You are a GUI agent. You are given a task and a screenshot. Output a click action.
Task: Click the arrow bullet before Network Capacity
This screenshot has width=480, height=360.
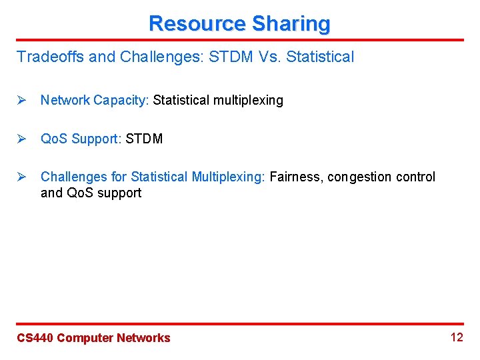point(21,100)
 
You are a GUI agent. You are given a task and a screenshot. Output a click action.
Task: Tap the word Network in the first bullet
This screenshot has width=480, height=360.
point(65,100)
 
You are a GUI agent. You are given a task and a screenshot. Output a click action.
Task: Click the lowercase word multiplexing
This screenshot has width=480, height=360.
point(249,100)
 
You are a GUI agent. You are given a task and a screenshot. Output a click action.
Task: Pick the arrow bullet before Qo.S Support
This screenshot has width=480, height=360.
point(21,139)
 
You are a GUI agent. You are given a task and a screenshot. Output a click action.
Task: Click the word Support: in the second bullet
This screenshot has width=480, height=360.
point(97,139)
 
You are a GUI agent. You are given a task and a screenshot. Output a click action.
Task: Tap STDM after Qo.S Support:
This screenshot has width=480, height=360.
point(144,139)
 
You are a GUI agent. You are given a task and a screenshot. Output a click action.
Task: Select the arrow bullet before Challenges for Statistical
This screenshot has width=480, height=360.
point(21,177)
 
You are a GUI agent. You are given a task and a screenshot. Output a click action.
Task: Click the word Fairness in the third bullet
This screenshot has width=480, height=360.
point(294,177)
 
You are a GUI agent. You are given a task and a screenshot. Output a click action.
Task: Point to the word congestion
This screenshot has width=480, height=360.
point(359,177)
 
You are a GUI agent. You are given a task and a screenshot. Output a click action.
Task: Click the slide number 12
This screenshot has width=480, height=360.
point(457,337)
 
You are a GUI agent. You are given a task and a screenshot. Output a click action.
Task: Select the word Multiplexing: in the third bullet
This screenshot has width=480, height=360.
point(229,177)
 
